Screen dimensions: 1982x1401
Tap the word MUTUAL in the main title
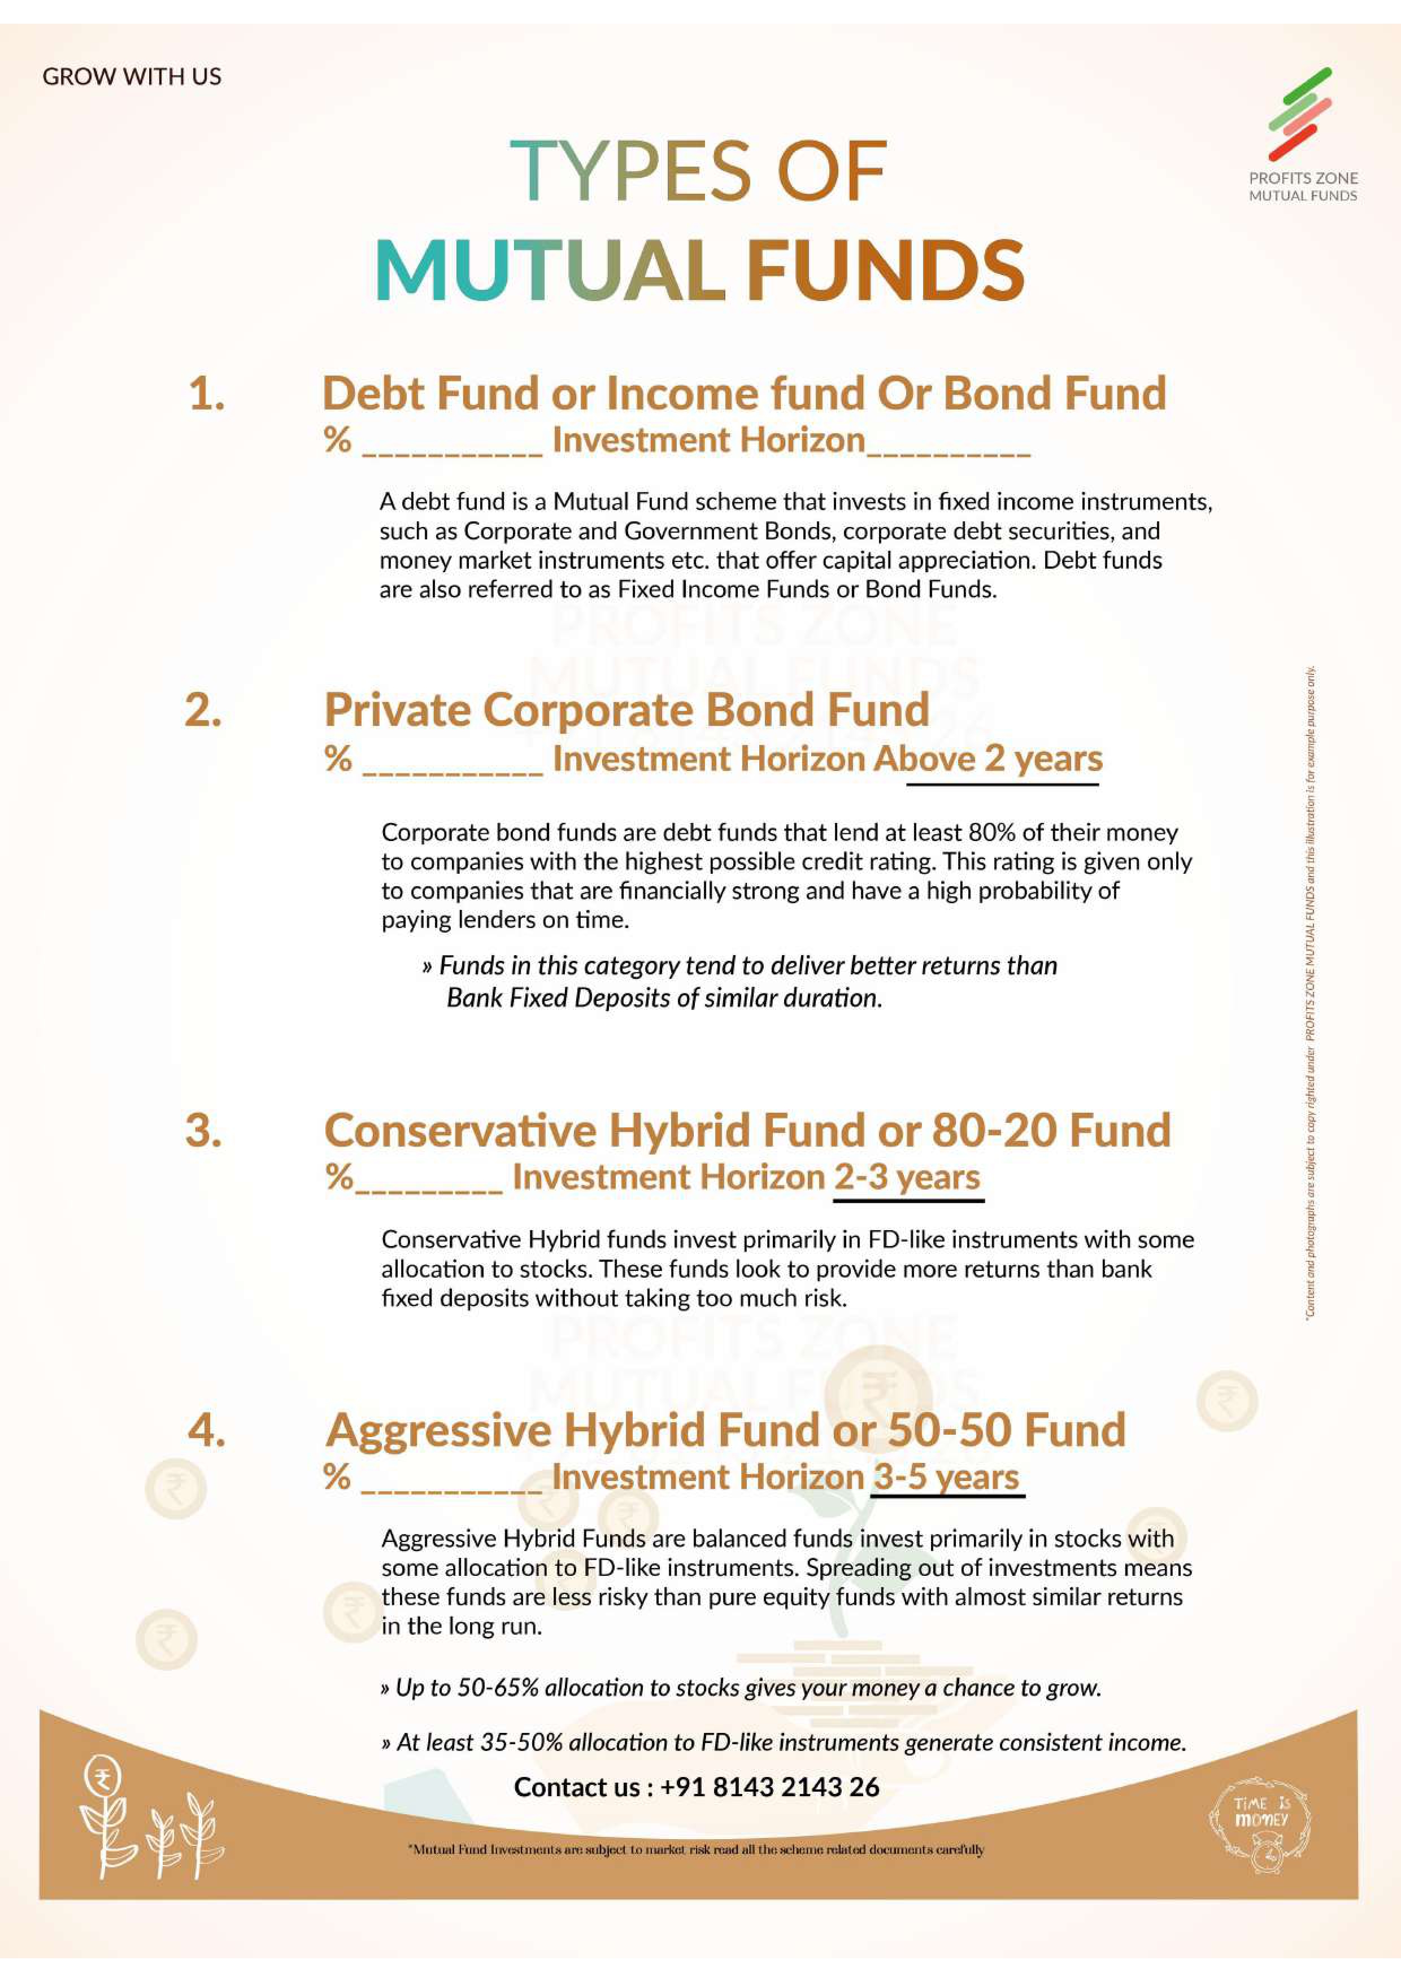click(550, 270)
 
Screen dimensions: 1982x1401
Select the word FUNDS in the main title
click(886, 270)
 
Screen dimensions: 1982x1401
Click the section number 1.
click(206, 394)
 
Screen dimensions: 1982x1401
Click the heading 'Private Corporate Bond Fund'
click(626, 711)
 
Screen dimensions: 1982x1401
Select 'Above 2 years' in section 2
click(1002, 759)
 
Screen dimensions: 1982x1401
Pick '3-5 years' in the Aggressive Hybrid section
click(946, 1477)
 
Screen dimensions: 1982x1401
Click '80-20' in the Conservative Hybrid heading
click(994, 1131)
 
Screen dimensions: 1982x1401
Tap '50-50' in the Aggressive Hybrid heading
click(950, 1430)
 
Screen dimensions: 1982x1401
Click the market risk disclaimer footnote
click(696, 1850)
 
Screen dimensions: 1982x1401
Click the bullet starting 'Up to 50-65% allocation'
click(741, 1688)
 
